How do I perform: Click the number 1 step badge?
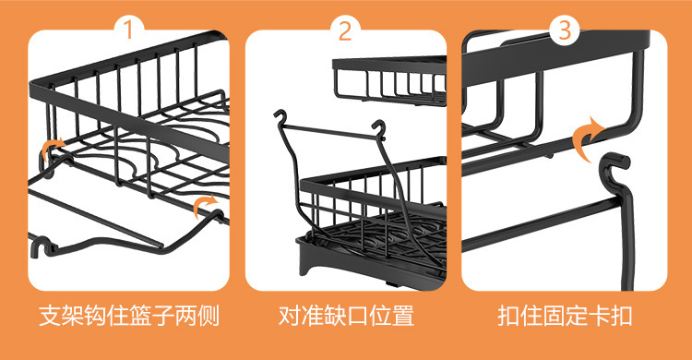coord(129,30)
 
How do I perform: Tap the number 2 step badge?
coord(345,30)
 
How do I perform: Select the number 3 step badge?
coord(564,30)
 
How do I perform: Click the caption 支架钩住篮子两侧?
coord(128,317)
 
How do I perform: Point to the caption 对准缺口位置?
coord(345,317)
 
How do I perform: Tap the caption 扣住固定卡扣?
coord(564,317)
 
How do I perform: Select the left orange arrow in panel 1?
coord(54,148)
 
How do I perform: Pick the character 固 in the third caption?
coord(564,317)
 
